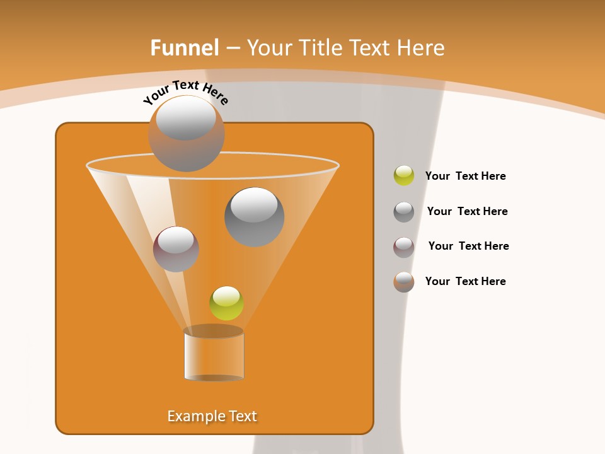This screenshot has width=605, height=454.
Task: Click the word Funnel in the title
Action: (184, 48)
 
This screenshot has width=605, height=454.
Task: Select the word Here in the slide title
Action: (421, 48)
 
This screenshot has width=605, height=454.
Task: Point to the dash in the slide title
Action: (233, 49)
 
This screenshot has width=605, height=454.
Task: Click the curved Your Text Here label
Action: (185, 91)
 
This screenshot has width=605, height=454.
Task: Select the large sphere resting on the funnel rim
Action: (186, 133)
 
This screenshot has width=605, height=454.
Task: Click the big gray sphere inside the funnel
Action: (254, 217)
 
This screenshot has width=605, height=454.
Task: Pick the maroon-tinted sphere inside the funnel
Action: (176, 249)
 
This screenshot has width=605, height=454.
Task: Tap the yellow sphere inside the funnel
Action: (226, 303)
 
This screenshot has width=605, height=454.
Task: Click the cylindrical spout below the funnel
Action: (214, 355)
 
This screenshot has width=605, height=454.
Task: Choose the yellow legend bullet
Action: (404, 175)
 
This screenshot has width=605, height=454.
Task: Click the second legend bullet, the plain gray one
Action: (404, 212)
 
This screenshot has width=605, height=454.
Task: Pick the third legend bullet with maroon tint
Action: (404, 247)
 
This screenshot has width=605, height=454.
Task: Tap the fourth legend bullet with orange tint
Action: (404, 282)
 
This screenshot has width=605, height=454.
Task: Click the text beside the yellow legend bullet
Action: (465, 176)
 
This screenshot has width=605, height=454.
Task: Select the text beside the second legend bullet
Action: (467, 211)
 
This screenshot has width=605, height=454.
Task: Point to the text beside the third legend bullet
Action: (468, 246)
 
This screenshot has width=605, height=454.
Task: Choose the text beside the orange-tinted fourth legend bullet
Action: (465, 281)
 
